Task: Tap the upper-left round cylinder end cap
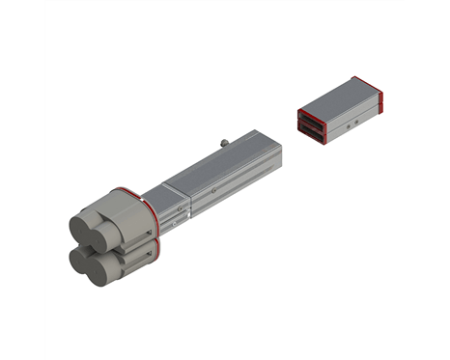click(81, 229)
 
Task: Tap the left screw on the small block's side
click(345, 125)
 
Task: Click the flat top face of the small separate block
click(338, 93)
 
